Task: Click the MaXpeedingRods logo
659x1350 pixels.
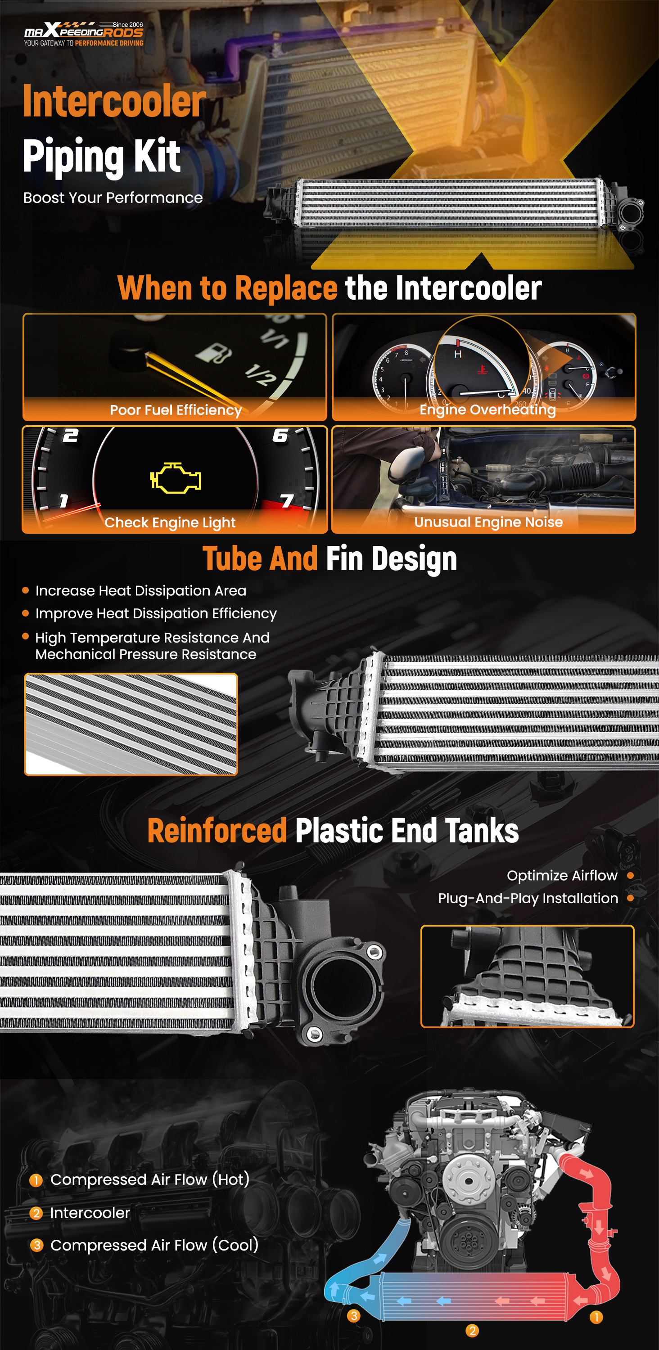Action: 84,34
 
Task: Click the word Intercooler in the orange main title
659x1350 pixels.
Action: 114,101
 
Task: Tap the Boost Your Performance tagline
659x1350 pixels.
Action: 113,198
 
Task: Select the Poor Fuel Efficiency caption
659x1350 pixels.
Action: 176,410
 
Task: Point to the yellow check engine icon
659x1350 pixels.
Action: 176,477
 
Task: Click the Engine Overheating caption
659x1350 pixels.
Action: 487,409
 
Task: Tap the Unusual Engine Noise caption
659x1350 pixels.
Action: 488,522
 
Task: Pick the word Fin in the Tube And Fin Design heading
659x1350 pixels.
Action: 344,558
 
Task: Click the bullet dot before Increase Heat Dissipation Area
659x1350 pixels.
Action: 25,590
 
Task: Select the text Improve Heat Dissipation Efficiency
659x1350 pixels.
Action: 156,614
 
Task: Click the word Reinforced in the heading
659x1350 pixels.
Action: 217,831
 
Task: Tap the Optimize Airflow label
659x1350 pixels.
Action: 562,875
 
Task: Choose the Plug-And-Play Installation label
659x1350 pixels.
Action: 528,898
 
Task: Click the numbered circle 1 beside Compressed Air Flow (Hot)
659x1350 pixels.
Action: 36,1180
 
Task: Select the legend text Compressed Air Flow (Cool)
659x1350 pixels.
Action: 154,1245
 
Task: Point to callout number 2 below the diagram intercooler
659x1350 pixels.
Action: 472,1331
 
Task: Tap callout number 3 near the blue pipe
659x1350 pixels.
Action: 354,1316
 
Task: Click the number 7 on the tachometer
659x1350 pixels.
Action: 287,501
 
